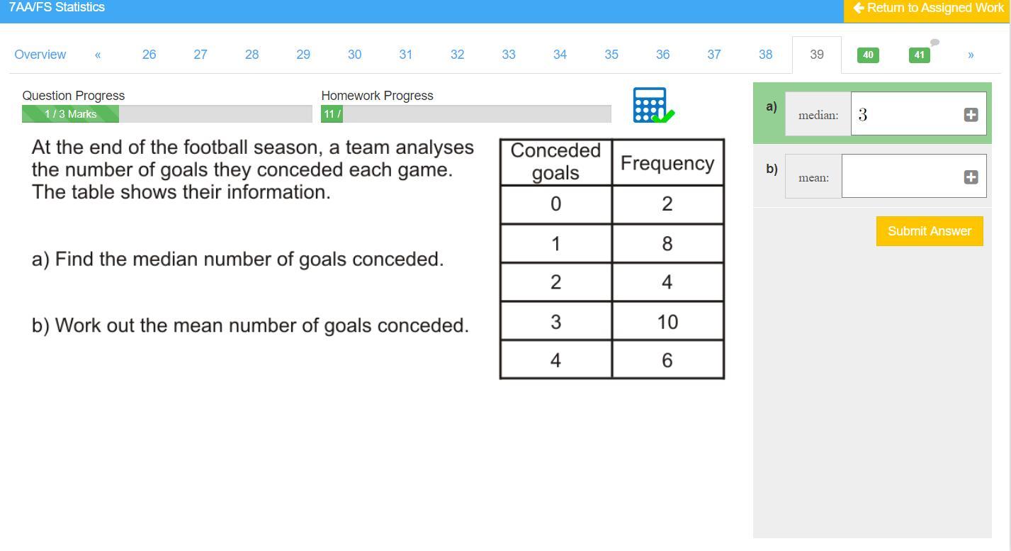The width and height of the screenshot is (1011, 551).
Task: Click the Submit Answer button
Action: click(x=930, y=231)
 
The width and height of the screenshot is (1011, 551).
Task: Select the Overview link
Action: click(x=40, y=55)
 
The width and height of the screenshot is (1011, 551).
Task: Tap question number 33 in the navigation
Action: click(x=508, y=55)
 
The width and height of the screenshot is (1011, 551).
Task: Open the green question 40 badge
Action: click(x=868, y=55)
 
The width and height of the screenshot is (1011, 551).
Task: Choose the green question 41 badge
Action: click(x=920, y=55)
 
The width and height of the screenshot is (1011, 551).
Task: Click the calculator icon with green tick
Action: click(x=653, y=105)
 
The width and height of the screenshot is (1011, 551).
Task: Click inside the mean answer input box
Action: click(x=902, y=176)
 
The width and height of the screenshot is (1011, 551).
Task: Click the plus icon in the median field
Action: click(x=971, y=115)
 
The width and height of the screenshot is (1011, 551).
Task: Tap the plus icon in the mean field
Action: click(x=971, y=177)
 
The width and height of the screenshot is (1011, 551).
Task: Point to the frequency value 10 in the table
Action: click(x=667, y=322)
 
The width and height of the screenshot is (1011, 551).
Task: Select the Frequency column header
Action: click(x=667, y=162)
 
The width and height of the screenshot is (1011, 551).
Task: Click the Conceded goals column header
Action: click(x=555, y=162)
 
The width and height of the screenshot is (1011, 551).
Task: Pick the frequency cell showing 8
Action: click(x=667, y=243)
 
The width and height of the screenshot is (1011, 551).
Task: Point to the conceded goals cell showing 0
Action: click(x=556, y=204)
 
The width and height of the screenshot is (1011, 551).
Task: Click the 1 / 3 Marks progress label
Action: click(x=70, y=113)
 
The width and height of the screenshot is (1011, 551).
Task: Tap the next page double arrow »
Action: click(x=971, y=55)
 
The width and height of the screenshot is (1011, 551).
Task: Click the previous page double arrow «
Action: click(x=98, y=55)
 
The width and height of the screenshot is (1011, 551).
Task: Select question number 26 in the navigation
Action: click(x=149, y=55)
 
